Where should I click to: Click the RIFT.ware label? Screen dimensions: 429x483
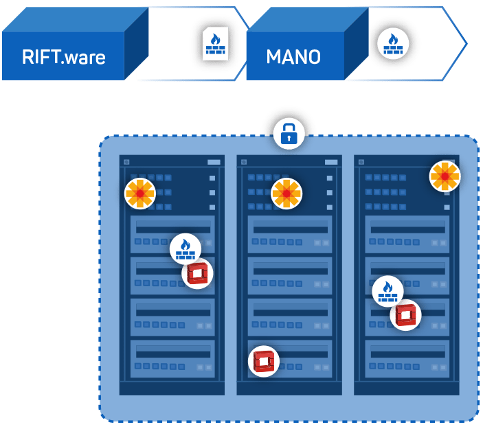coord(63,56)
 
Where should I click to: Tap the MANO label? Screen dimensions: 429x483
coord(293,56)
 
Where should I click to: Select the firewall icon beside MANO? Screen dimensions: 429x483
coord(393,44)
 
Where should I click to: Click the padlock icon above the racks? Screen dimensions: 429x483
coord(289,133)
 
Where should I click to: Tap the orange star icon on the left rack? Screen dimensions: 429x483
coord(140,194)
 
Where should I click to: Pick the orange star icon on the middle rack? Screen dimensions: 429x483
coord(287,194)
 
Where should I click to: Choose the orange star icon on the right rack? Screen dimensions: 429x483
coord(445,176)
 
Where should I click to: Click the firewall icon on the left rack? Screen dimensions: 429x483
coord(185,248)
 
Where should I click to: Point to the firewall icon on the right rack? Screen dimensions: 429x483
coord(387,291)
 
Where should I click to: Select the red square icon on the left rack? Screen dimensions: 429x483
coord(198,273)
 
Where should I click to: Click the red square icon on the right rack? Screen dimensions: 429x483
coord(405,315)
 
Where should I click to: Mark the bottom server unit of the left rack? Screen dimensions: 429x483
coord(172,358)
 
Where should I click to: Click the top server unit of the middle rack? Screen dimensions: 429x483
coord(289,234)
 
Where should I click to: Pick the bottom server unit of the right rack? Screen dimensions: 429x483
coord(407,358)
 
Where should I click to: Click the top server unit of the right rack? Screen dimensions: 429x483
coord(407,234)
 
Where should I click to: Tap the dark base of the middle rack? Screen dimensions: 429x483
coord(289,389)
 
